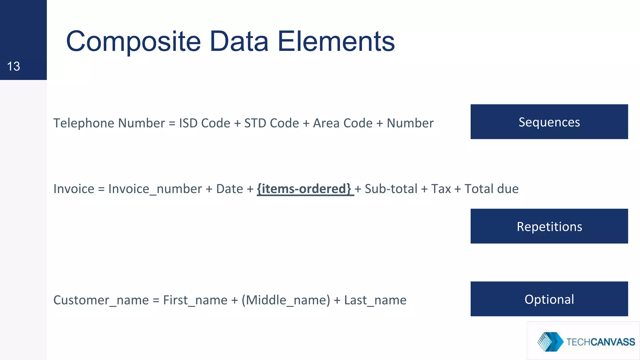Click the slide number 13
click(x=13, y=66)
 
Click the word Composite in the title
click(x=133, y=42)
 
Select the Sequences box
click(x=549, y=122)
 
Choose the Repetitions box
click(x=549, y=226)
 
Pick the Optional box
click(x=549, y=299)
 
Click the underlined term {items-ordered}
click(x=304, y=189)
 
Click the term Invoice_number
click(x=155, y=189)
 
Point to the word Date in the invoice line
click(x=229, y=189)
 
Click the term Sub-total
click(x=391, y=189)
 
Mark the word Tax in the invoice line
click(x=441, y=189)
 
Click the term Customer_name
click(x=101, y=300)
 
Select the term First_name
click(x=195, y=300)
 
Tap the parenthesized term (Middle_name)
click(x=286, y=300)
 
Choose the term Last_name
click(x=375, y=300)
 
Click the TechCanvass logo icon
click(x=550, y=342)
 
